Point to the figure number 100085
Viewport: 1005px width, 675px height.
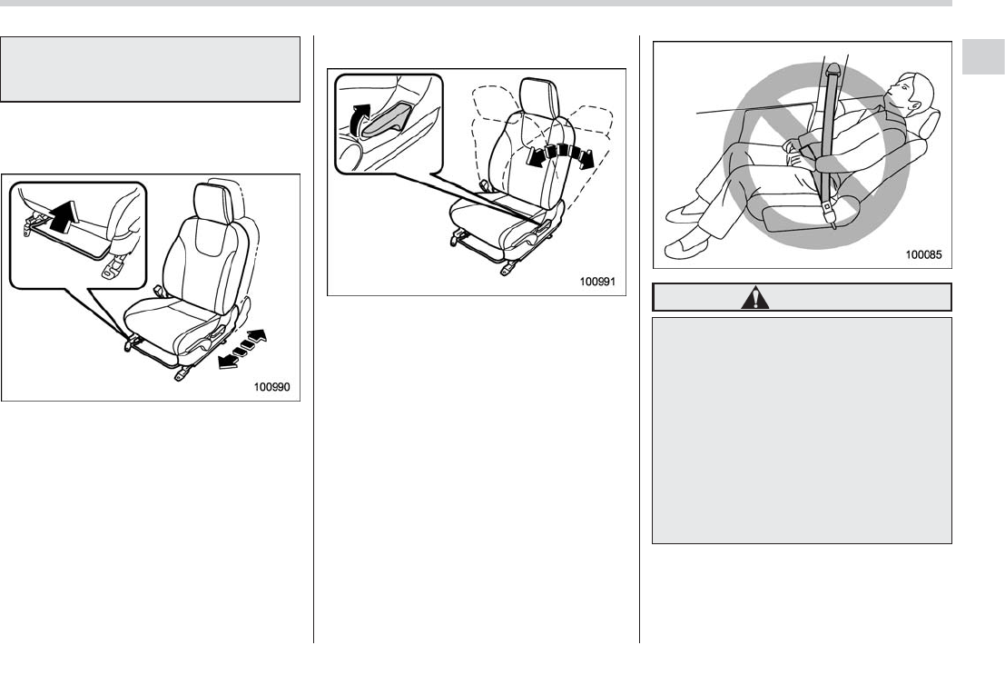pos(925,255)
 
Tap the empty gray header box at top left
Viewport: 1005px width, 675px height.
pos(150,70)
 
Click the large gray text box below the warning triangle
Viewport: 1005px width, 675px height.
pos(802,430)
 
